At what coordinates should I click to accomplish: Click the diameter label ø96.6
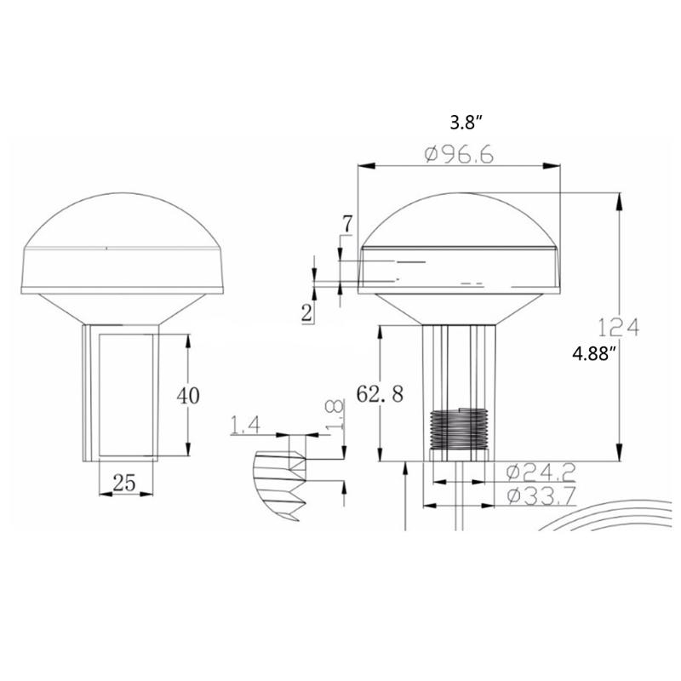(460, 155)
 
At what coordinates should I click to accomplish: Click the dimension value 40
(187, 396)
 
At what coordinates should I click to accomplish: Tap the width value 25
(124, 484)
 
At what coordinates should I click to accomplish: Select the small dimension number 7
(346, 224)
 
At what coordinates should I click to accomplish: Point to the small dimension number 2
(306, 312)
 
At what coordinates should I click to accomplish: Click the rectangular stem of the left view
(120, 393)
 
